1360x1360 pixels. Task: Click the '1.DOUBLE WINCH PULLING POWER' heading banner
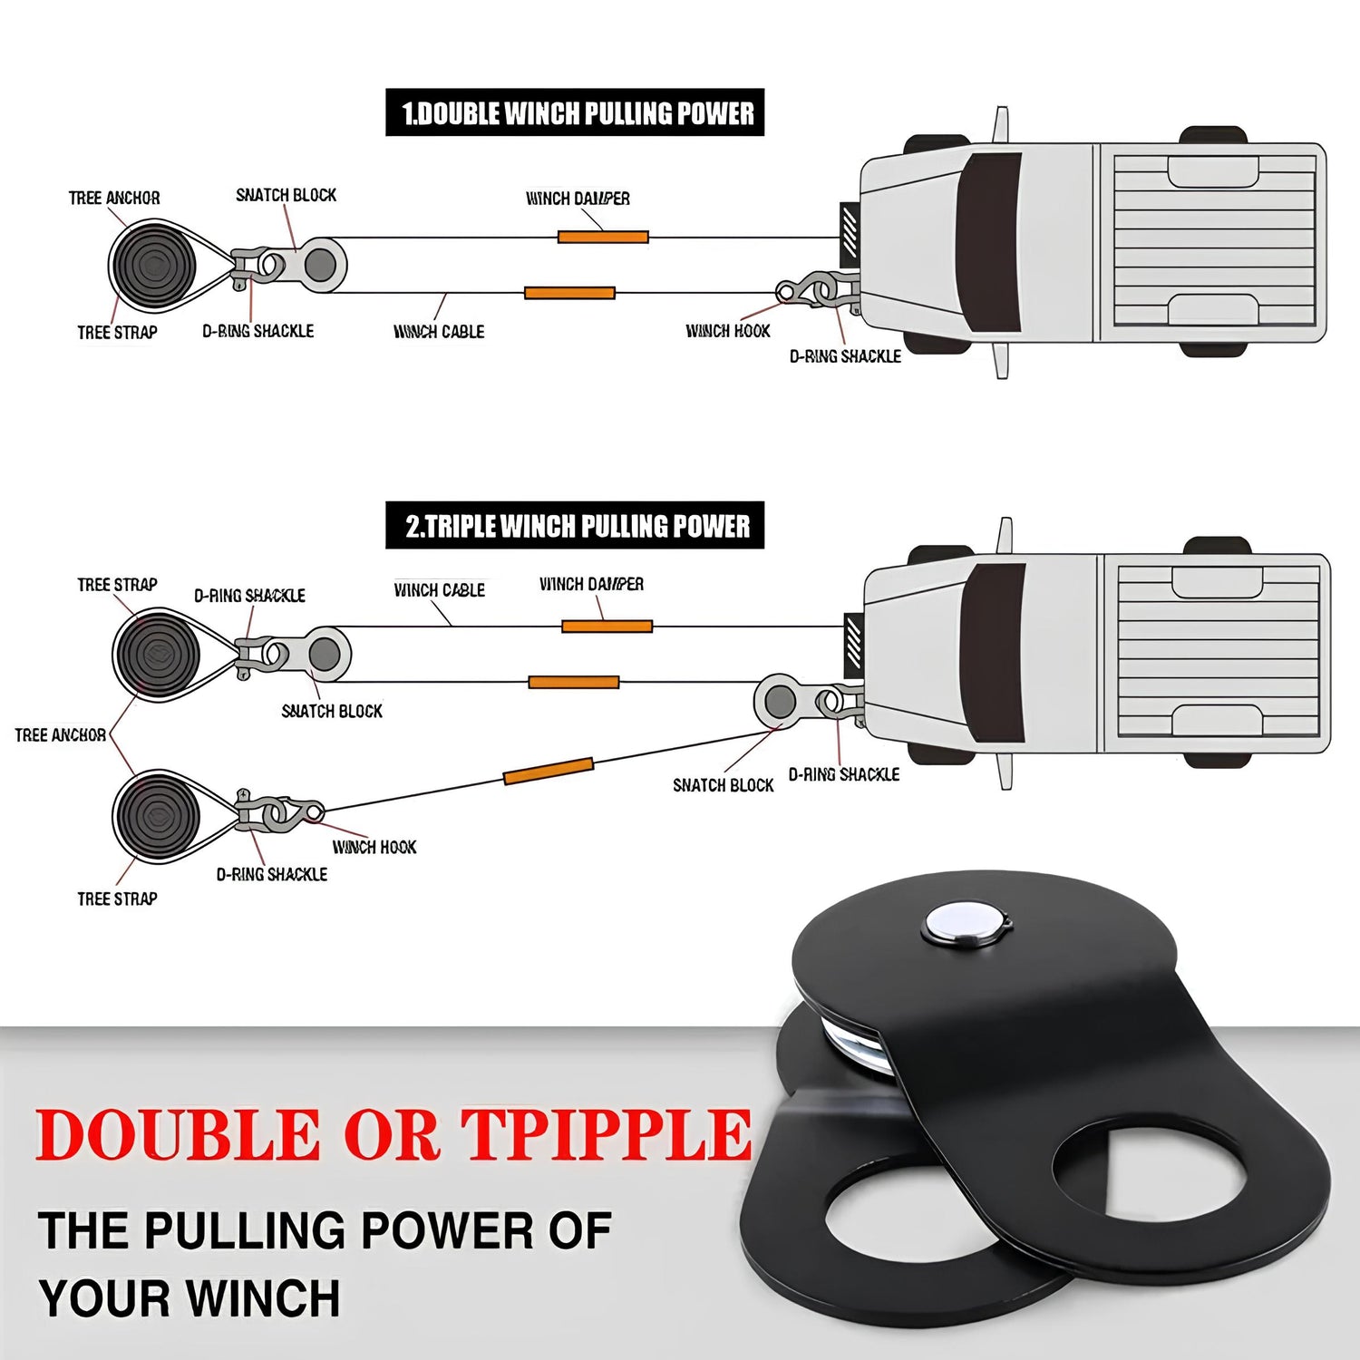(x=575, y=113)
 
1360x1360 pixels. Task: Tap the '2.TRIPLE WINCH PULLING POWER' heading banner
(x=575, y=526)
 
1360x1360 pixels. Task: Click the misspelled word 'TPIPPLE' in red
(x=607, y=1134)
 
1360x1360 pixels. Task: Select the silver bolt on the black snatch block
(x=965, y=924)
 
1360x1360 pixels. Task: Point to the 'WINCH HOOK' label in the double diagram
(x=728, y=332)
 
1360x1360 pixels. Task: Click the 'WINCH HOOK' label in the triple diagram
(x=374, y=848)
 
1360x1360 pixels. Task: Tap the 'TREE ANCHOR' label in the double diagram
(x=114, y=199)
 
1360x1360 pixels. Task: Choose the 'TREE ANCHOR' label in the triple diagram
(x=60, y=735)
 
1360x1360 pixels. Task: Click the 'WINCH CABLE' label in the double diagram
(x=439, y=333)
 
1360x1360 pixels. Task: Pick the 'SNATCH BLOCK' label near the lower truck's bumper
(x=723, y=786)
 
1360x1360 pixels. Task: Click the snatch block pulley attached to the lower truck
(x=780, y=701)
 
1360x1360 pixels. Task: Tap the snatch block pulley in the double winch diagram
(x=319, y=265)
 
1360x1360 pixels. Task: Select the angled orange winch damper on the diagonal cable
(x=549, y=771)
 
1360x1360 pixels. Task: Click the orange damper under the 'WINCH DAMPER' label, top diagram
(x=603, y=238)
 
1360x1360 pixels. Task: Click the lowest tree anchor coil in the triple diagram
(x=157, y=813)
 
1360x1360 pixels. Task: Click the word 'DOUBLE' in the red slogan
(x=178, y=1134)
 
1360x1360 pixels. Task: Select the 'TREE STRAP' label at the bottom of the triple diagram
(x=117, y=899)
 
